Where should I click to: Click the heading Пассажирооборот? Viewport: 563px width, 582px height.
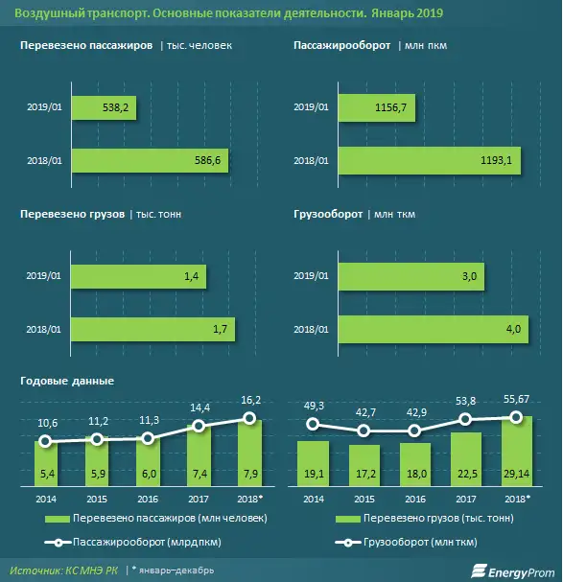(341, 46)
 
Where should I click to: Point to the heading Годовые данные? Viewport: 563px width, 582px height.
(67, 381)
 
